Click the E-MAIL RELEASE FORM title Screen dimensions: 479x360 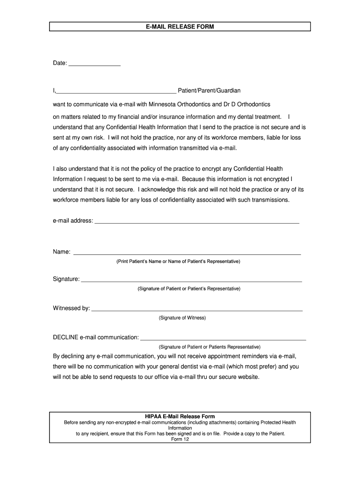click(180, 27)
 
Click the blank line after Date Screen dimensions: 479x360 click(94, 65)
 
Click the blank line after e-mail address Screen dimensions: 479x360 click(197, 222)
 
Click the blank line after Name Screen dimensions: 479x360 click(187, 253)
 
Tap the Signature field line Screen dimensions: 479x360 click(191, 281)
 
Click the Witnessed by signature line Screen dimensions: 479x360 click(197, 310)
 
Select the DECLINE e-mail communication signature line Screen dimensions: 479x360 click(223, 338)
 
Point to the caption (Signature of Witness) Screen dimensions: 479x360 click(182, 318)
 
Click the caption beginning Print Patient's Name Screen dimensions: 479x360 click(178, 261)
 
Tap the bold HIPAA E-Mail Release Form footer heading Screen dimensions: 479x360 click(180, 416)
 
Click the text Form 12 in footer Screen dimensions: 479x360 click(180, 439)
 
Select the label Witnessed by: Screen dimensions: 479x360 click(71, 308)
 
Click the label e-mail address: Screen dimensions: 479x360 click(73, 221)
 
